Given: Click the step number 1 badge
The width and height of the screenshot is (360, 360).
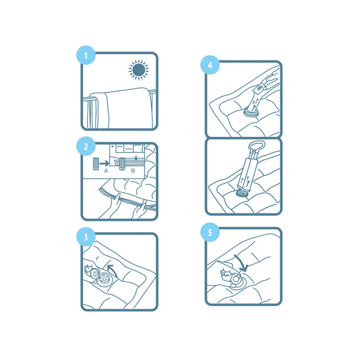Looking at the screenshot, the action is coord(86,55).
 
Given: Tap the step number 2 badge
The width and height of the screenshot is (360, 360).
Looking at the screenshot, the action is coord(86,146).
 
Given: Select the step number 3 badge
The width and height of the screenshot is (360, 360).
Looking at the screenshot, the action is coord(86,237).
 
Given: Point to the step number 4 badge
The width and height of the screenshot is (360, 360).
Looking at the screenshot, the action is coord(210,65).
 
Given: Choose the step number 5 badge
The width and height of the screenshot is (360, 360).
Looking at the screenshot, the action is coord(210,232).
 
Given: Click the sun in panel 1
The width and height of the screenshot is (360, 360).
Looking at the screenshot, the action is coord(139,70).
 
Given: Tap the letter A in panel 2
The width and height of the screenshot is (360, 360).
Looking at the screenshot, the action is coord(106,171).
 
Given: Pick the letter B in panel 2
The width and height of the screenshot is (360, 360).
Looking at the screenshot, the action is coord(133,171).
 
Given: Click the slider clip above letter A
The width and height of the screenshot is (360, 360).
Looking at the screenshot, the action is coord(96,164).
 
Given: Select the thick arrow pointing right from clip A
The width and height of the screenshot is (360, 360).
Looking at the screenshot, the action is coord(104,163).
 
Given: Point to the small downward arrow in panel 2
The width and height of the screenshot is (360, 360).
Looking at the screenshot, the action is coord(136,158).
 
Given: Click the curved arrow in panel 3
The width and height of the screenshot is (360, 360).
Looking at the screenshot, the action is coord(113,270).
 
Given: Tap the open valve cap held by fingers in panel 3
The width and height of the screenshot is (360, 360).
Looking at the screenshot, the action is coord(94,273).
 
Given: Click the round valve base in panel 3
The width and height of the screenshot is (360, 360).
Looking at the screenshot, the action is coord(105,278).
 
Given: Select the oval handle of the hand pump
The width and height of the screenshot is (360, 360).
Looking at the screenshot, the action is coord(257,146).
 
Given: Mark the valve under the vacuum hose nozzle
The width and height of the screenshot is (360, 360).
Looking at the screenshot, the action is coord(251,113).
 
